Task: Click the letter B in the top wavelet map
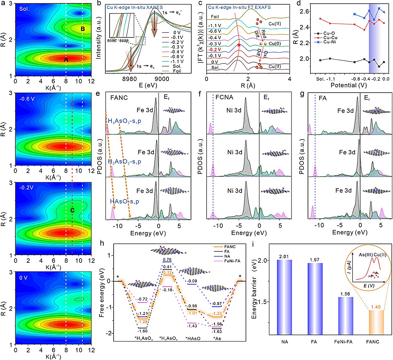(83, 29)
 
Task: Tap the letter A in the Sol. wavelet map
(66, 60)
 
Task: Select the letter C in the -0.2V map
(72, 210)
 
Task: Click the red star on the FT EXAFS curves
(239, 45)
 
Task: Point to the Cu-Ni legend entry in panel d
(329, 42)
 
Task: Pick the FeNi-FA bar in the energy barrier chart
(345, 316)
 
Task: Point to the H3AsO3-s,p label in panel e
(124, 121)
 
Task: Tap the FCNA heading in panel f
(224, 97)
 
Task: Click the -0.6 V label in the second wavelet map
(27, 99)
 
